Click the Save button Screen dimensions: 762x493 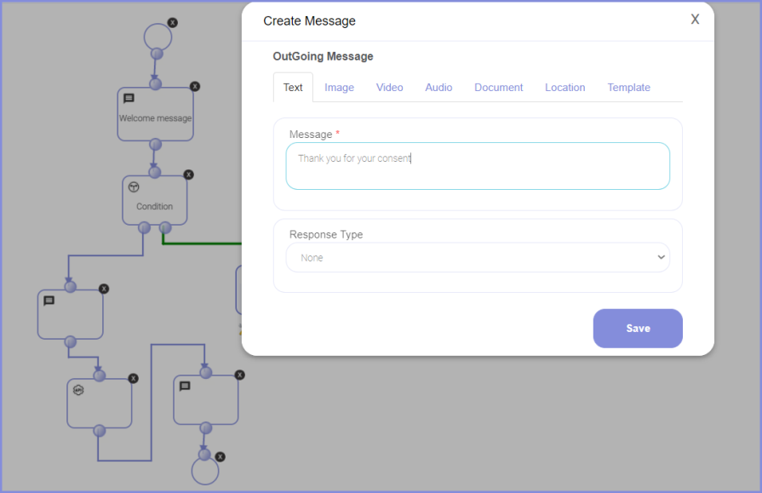coord(638,328)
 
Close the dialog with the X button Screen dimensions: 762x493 coord(695,20)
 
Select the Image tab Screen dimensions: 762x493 coord(339,88)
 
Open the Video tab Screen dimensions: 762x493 coord(389,88)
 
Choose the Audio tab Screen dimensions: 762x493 coord(438,88)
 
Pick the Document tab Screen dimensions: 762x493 coord(499,88)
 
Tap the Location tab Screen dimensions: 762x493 coord(564,88)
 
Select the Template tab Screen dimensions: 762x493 coord(628,88)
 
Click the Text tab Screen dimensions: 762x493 coord(293,88)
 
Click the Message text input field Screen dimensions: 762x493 coord(478,166)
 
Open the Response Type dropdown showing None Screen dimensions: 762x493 coord(478,258)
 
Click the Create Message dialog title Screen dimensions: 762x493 coord(310,21)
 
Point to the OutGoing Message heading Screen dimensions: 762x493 coord(323,56)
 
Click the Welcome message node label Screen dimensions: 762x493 coord(156,118)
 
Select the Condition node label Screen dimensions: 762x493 coord(155,207)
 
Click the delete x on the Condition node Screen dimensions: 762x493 coord(188,175)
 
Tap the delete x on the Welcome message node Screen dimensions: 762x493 coord(195,87)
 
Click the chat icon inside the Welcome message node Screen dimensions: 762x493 coord(129,99)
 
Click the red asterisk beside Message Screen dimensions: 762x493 coord(338,133)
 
